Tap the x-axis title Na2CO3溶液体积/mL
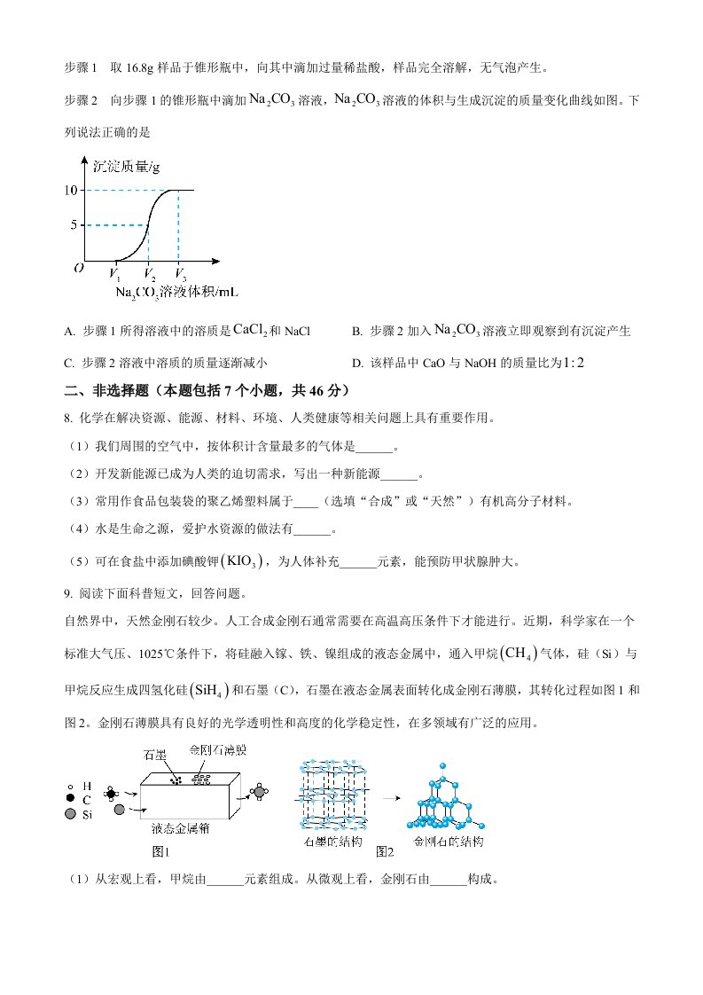click(177, 291)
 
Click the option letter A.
click(69, 332)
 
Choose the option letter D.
click(357, 362)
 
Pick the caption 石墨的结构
click(330, 840)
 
